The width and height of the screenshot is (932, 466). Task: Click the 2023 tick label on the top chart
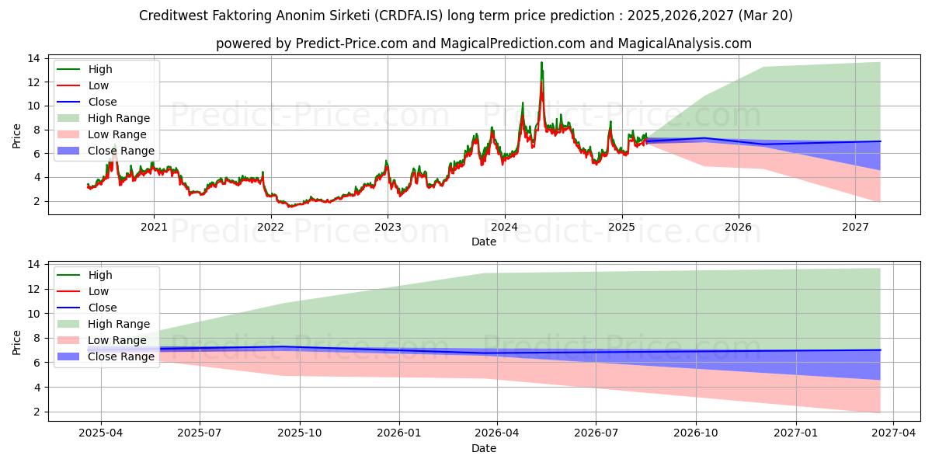pos(388,227)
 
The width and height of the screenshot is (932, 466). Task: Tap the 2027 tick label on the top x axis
pos(855,227)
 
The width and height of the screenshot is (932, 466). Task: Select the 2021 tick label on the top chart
pos(154,227)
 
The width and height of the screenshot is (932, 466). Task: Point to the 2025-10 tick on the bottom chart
pos(300,433)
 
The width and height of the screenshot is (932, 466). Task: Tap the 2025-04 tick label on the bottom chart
pos(101,433)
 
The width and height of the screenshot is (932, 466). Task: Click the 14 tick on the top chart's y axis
pos(33,58)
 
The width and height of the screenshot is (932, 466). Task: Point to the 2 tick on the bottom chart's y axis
pos(37,412)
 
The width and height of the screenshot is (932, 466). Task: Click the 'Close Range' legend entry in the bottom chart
pos(121,356)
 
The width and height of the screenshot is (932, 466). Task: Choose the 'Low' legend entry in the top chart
pos(99,85)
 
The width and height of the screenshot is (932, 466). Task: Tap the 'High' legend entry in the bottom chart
pos(100,275)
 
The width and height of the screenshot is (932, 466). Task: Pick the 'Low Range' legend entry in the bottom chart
pos(117,340)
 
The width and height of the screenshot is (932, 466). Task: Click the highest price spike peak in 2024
pos(541,63)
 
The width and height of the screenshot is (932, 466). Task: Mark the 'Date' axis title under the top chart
pos(484,242)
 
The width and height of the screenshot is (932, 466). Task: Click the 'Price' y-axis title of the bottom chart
pos(17,342)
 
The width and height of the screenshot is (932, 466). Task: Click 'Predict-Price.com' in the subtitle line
pos(352,43)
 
